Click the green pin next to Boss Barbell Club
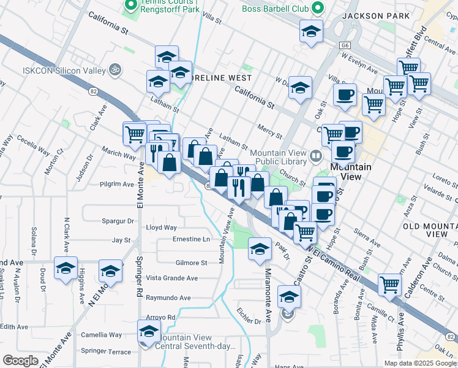[317, 8]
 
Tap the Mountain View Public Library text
[278, 158]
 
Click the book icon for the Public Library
[315, 155]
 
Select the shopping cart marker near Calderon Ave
[389, 285]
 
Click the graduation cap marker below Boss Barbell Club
[311, 31]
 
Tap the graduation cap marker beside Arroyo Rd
[148, 332]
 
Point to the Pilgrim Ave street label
[116, 184]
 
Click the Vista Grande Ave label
[171, 278]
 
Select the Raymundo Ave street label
[168, 298]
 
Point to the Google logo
[20, 361]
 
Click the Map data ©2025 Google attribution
[420, 363]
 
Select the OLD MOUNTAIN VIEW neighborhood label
[430, 231]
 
